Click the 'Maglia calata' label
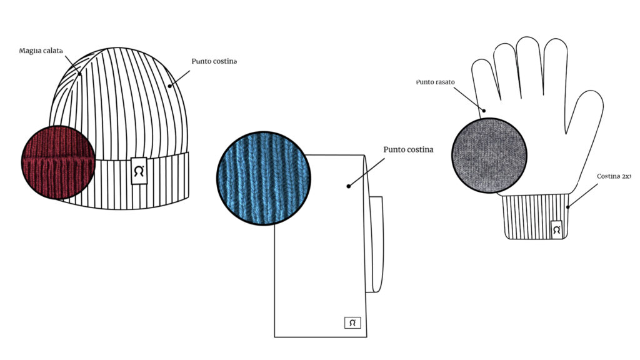coord(41,51)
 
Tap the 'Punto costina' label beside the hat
coord(214,61)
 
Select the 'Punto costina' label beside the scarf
coord(408,149)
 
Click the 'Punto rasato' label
coord(435,82)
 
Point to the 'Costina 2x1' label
coord(614,176)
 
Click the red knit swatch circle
coord(58,162)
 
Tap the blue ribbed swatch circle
coord(264,178)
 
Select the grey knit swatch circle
coord(489,156)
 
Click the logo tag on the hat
coord(139,171)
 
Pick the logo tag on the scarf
coord(352,323)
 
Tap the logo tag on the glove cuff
coord(556,230)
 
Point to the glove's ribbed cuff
coord(536,217)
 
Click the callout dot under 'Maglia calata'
coord(79,74)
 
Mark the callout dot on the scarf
coord(349,186)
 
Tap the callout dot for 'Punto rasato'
coord(484,111)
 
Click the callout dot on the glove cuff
coord(568,207)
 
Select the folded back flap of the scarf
coord(375,244)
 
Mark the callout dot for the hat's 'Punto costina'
coord(170,86)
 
